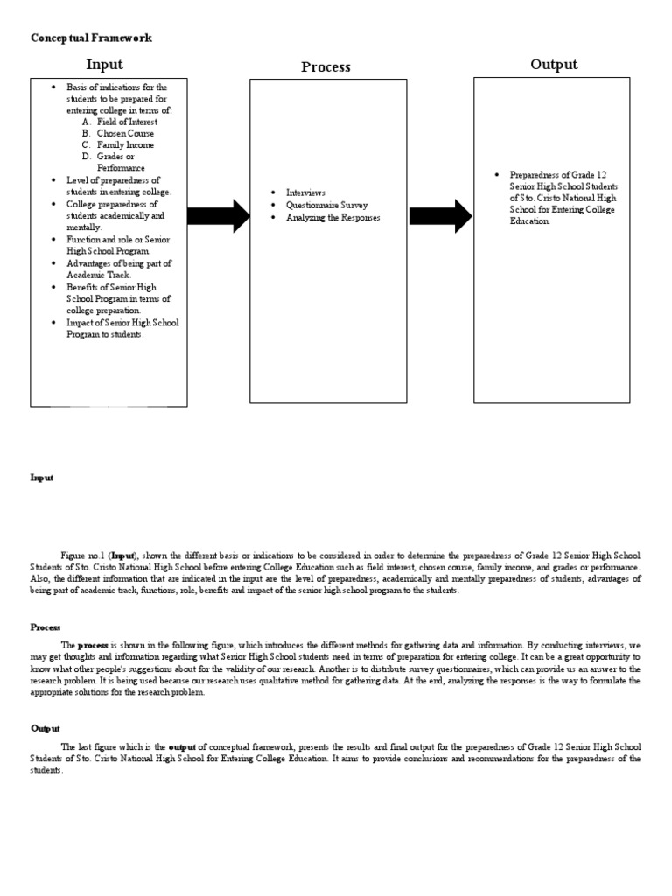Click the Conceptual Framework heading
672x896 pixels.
[x=91, y=38]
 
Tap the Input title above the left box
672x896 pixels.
[x=104, y=65]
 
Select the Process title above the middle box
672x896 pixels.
[x=325, y=66]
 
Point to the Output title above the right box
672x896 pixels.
[x=554, y=65]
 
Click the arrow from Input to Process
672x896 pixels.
[x=219, y=215]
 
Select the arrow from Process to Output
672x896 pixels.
[x=441, y=215]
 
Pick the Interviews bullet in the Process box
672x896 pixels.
[x=305, y=192]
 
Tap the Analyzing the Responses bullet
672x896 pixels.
[x=333, y=217]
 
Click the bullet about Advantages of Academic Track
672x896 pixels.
[x=119, y=269]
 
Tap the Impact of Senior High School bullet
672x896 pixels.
[x=122, y=328]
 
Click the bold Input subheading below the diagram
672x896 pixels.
[x=42, y=478]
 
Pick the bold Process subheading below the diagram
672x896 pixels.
[x=45, y=626]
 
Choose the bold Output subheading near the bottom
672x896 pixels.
[x=45, y=728]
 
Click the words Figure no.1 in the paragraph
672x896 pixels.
[x=84, y=556]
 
